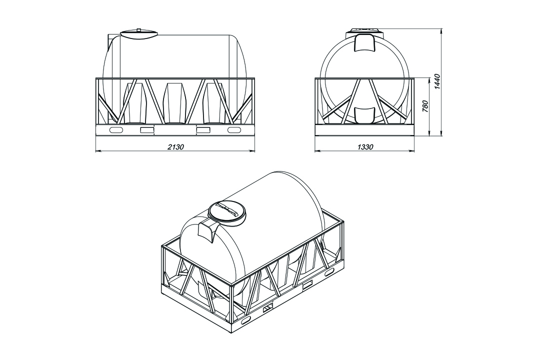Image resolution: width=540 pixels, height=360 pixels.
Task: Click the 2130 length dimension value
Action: (x=175, y=147)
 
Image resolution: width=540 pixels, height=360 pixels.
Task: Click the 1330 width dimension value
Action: (x=365, y=147)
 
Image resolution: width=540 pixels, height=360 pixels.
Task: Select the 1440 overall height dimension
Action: (x=437, y=81)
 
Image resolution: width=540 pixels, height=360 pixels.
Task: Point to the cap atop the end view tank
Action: (x=364, y=30)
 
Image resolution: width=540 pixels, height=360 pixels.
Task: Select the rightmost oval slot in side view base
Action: (x=234, y=130)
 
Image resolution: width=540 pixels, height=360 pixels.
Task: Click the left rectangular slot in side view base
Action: (x=147, y=130)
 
